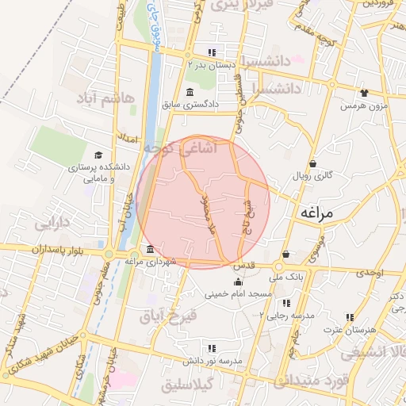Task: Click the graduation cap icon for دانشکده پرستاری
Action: click(x=98, y=155)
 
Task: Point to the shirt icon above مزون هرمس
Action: click(x=364, y=93)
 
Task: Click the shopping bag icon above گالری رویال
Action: click(x=313, y=163)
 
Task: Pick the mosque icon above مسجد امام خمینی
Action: click(x=237, y=282)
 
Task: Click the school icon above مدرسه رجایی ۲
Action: click(x=285, y=303)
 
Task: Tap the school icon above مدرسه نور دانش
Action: click(x=211, y=347)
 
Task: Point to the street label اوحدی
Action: click(x=370, y=272)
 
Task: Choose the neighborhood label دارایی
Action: click(x=54, y=223)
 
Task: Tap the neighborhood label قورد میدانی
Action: click(x=324, y=381)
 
